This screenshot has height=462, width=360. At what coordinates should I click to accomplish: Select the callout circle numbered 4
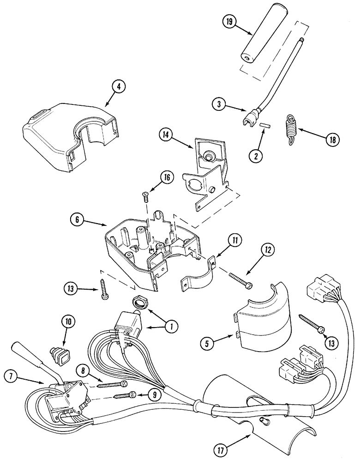[119, 86]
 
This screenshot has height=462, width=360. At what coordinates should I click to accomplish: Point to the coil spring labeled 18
[291, 131]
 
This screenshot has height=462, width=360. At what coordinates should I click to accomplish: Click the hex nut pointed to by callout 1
[139, 303]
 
